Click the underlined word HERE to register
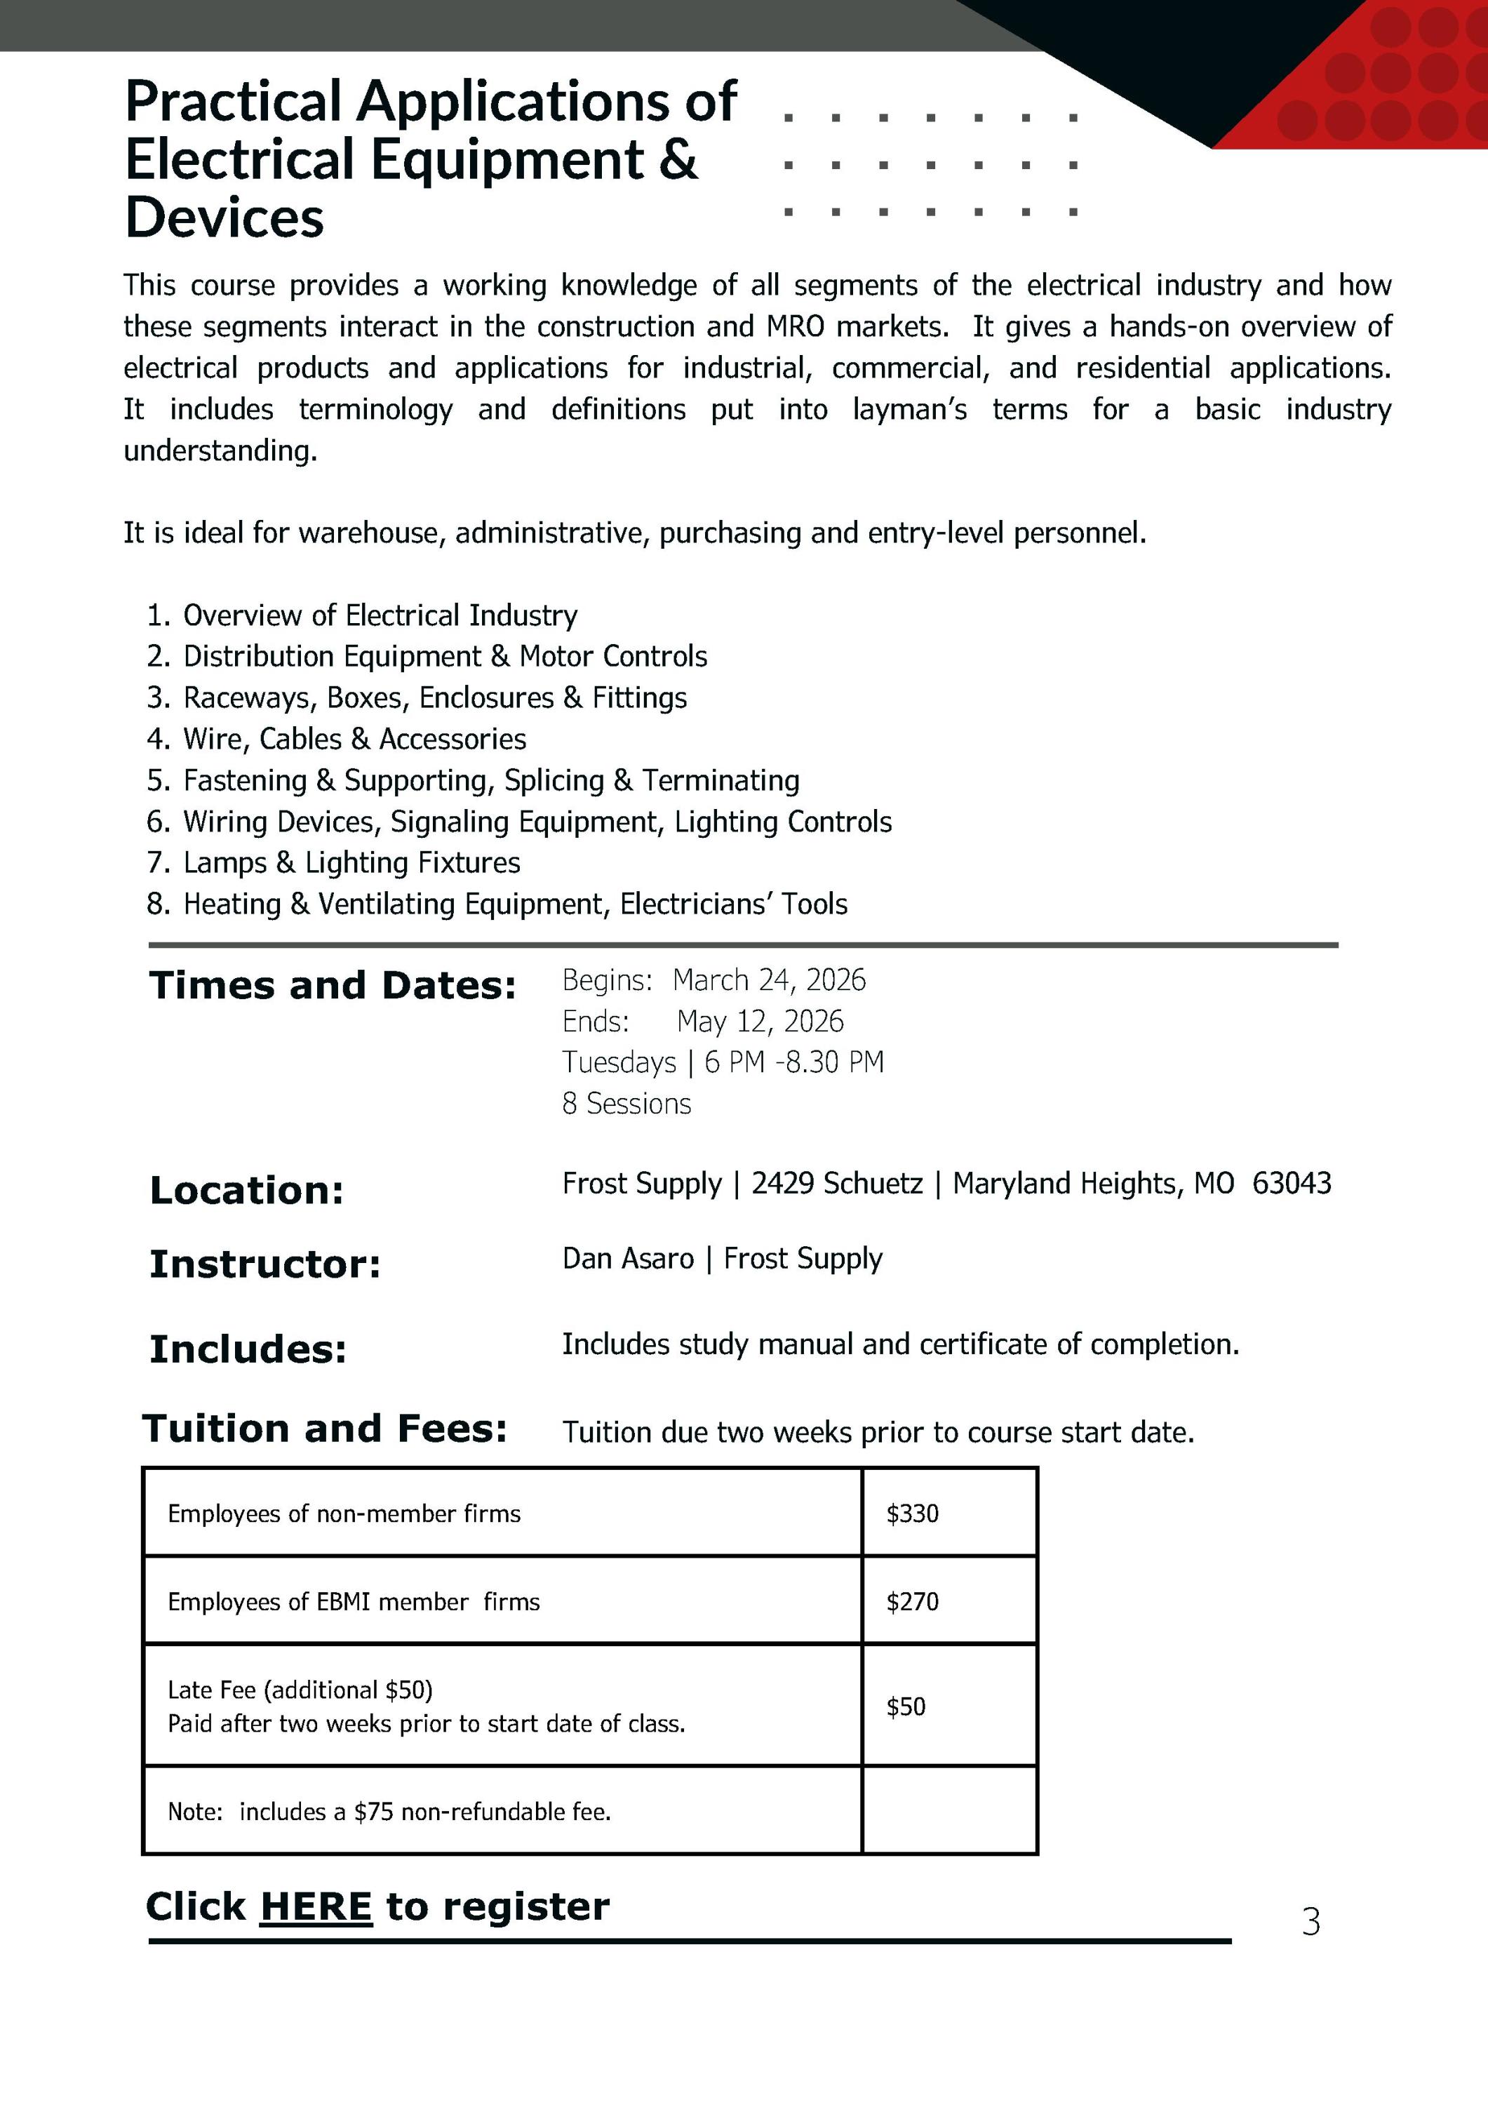click(316, 1907)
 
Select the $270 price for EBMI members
click(912, 1602)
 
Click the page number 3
click(1311, 1922)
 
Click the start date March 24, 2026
click(768, 980)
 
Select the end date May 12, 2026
click(760, 1022)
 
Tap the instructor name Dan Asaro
click(628, 1259)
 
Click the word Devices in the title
click(224, 218)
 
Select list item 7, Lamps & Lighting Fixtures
click(351, 863)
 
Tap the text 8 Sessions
click(626, 1104)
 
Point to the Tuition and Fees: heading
click(325, 1429)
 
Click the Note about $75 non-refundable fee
click(389, 1812)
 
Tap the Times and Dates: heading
click(332, 986)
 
